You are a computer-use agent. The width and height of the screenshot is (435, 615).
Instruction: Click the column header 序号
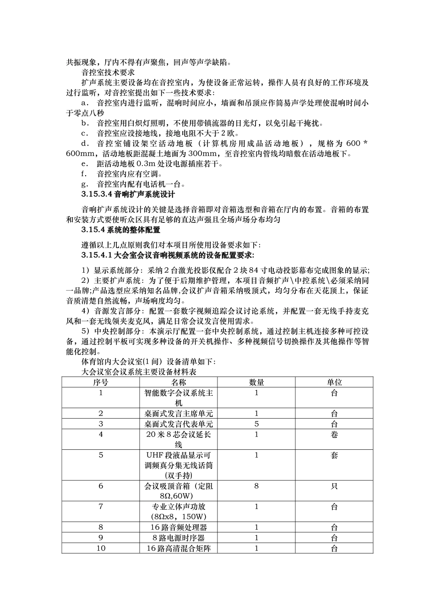tap(101, 382)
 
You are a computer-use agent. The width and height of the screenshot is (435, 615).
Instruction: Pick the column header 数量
tap(256, 382)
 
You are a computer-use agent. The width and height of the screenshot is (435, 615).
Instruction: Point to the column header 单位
tap(334, 382)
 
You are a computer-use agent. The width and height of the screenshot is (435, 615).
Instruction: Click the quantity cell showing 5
tap(256, 424)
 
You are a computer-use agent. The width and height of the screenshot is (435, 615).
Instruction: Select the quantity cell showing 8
tap(256, 486)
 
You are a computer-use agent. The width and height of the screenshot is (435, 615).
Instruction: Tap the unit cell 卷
tap(334, 434)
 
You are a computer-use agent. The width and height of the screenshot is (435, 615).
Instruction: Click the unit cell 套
tap(334, 455)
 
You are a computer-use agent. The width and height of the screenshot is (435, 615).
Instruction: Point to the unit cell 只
tap(334, 486)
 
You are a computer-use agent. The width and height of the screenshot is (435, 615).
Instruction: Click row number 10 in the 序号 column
tap(101, 548)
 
